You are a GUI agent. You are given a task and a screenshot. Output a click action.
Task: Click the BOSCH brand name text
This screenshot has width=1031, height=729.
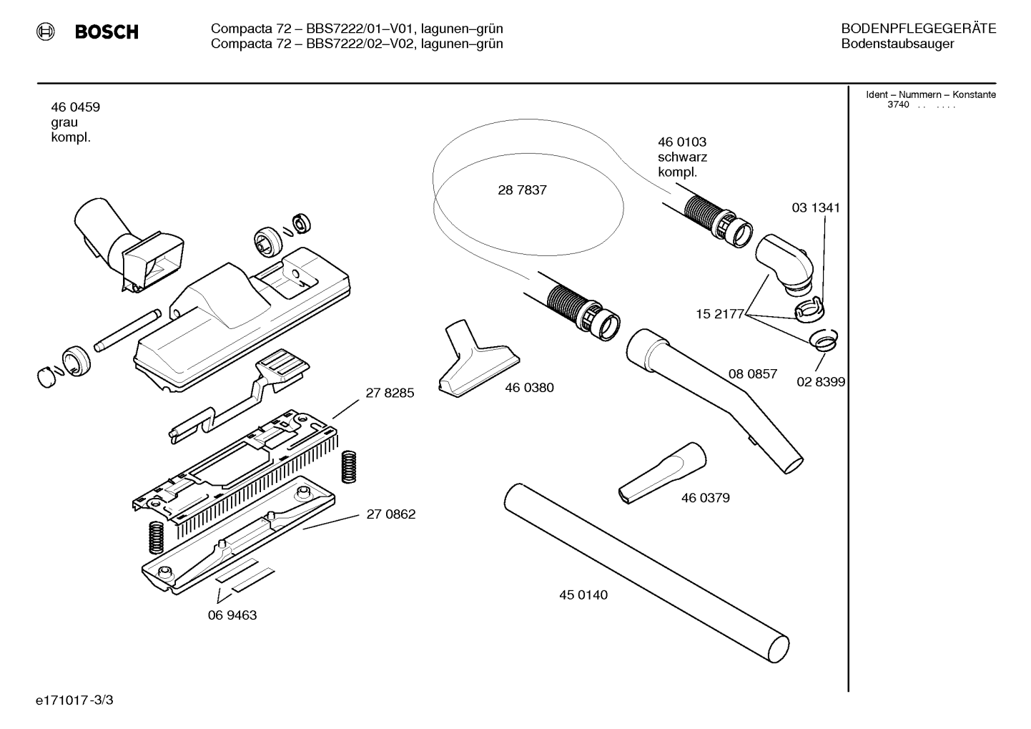[x=107, y=31]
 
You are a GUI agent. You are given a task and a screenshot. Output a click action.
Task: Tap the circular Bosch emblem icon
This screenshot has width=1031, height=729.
[x=45, y=31]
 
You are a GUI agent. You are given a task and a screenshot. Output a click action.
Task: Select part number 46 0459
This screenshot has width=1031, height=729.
[x=76, y=107]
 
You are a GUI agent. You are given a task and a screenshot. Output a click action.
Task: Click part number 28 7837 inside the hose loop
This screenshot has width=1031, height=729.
[x=523, y=190]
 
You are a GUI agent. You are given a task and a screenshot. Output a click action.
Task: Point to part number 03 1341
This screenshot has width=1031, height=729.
[x=816, y=207]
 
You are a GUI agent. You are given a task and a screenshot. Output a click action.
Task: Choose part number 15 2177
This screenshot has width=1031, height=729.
[x=720, y=314]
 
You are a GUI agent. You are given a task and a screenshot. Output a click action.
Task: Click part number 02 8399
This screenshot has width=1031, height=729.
[x=821, y=382]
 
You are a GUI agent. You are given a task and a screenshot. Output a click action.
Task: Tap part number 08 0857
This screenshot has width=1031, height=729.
[x=753, y=373]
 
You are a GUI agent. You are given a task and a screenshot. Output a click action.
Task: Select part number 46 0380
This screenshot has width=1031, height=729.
[x=529, y=387]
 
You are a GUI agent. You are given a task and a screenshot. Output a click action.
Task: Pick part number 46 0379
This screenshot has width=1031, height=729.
[x=706, y=497]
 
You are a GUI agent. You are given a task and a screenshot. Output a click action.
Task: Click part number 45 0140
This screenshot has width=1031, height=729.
[x=583, y=595]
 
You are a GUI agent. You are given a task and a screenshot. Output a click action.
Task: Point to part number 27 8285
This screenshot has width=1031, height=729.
[x=390, y=392]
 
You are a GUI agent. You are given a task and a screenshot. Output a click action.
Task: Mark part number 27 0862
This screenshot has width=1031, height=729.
[x=391, y=514]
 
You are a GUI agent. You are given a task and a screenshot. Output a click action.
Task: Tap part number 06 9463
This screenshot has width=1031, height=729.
[x=232, y=615]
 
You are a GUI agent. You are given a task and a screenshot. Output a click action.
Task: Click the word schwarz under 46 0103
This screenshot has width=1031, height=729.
[x=682, y=157]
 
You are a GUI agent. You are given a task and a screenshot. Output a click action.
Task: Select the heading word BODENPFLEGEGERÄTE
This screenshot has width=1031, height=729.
[x=919, y=29]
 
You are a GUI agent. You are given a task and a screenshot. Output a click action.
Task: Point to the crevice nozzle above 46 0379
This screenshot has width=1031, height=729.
[x=662, y=473]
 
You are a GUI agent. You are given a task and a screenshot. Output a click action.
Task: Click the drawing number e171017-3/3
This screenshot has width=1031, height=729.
[x=74, y=700]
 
